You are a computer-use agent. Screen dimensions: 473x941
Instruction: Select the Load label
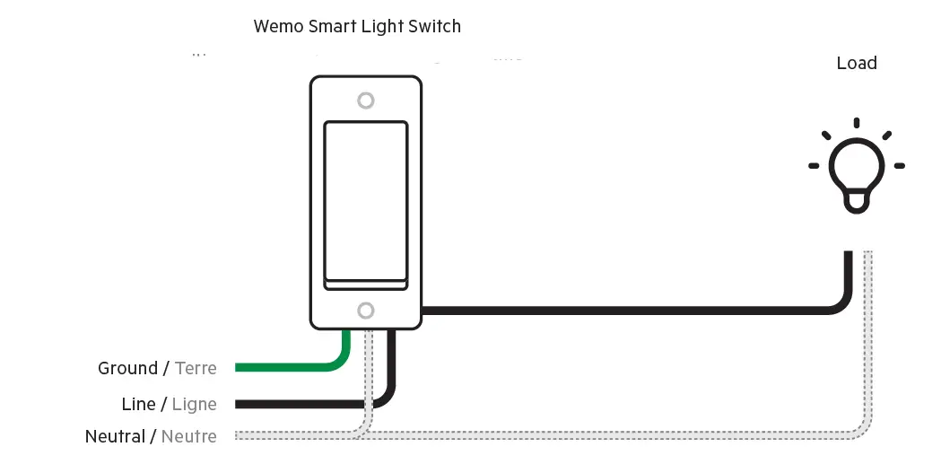click(856, 63)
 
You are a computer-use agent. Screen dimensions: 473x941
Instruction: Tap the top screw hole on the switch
click(365, 100)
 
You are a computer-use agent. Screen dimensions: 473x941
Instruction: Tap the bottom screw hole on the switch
click(365, 311)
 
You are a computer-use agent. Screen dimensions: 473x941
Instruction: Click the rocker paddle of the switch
click(365, 202)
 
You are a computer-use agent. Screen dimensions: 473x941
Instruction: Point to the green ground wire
click(287, 367)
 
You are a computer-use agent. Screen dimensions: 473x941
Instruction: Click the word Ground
click(127, 368)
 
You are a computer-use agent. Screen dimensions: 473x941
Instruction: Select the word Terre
click(196, 368)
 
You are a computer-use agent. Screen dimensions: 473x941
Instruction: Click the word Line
click(138, 404)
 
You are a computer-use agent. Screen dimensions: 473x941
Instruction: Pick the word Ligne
click(195, 405)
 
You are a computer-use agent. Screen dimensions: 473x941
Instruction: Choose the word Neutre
click(188, 437)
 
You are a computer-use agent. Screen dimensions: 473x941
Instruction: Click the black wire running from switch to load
click(628, 311)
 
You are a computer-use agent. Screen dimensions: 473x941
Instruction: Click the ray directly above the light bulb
click(857, 123)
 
